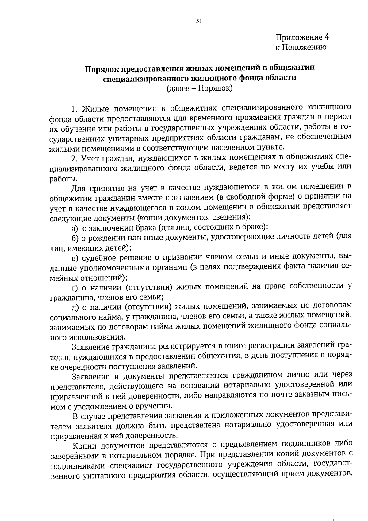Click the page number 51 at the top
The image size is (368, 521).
click(199, 21)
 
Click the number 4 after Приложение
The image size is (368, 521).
click(326, 37)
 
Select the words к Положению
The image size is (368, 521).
click(301, 47)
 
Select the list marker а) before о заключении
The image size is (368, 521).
click(75, 228)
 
